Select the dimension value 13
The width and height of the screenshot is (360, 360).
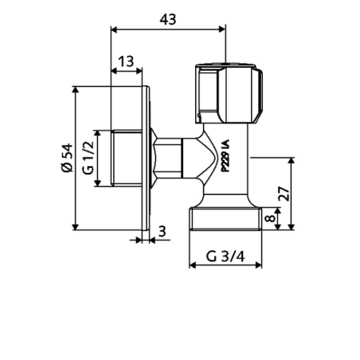coord(126,61)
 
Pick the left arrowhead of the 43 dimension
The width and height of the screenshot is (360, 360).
coord(113,29)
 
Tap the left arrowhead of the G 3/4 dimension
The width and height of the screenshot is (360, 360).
coord(191,267)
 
